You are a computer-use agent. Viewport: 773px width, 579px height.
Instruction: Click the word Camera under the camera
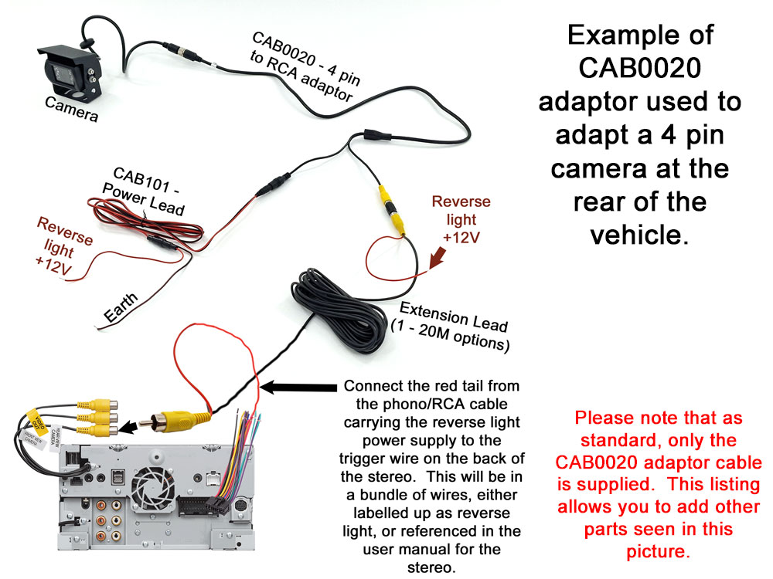(71, 110)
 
